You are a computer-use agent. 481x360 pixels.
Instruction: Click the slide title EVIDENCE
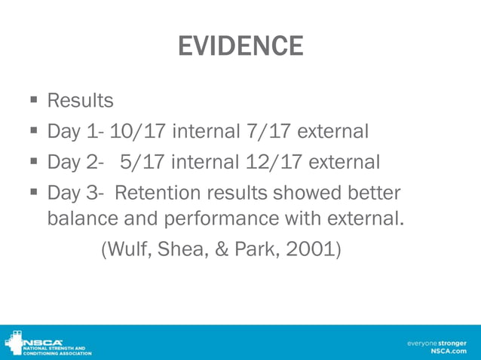pyautogui.click(x=240, y=47)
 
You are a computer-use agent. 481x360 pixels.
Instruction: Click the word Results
pyautogui.click(x=80, y=100)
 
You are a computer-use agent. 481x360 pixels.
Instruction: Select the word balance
pyautogui.click(x=81, y=220)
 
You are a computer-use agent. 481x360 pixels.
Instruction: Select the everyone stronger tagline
pyautogui.click(x=437, y=343)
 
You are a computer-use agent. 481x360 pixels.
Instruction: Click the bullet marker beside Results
pyautogui.click(x=35, y=100)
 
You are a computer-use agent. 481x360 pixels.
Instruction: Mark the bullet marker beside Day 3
pyautogui.click(x=35, y=193)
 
